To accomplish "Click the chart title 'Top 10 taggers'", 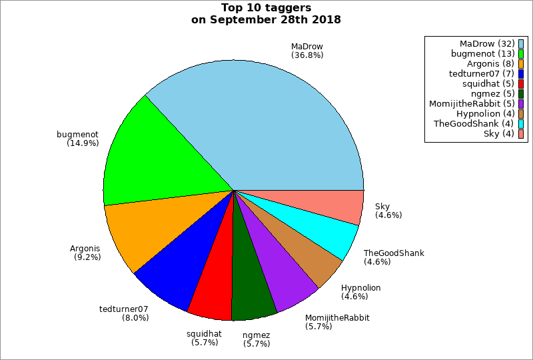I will (266, 8).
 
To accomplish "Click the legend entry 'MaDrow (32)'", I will (486, 44).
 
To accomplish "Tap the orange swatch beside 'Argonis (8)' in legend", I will (521, 64).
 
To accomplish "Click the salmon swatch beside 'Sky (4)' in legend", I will (521, 134).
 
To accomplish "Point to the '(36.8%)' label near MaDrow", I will (307, 55).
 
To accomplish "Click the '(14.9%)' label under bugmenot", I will (83, 143).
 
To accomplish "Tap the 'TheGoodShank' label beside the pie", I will (394, 253).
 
